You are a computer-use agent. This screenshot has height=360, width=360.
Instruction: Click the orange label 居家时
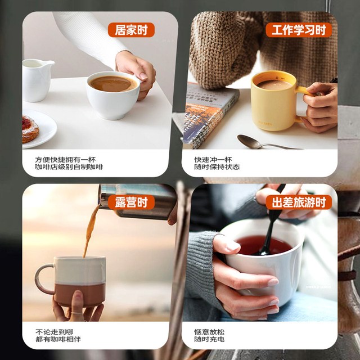131,30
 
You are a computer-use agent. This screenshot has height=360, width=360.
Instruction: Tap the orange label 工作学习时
299,30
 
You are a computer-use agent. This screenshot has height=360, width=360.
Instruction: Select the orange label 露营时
131,202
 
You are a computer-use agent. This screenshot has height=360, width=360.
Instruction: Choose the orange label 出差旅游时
299,202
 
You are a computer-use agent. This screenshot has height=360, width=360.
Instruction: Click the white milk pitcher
37,80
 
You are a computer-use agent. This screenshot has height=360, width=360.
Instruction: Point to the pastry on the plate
29,129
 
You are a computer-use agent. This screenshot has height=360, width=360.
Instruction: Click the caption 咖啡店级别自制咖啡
69,167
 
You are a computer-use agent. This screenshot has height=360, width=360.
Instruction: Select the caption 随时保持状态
217,167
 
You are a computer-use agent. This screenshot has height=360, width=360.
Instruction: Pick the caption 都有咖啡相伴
58,339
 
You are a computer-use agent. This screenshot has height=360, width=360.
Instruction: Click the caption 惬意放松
209,332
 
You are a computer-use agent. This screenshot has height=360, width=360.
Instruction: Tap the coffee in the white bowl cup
112,84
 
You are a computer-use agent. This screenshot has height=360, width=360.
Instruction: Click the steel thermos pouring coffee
138,201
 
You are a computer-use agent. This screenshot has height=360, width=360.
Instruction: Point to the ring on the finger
77,313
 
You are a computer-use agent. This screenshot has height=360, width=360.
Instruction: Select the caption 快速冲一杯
213,160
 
